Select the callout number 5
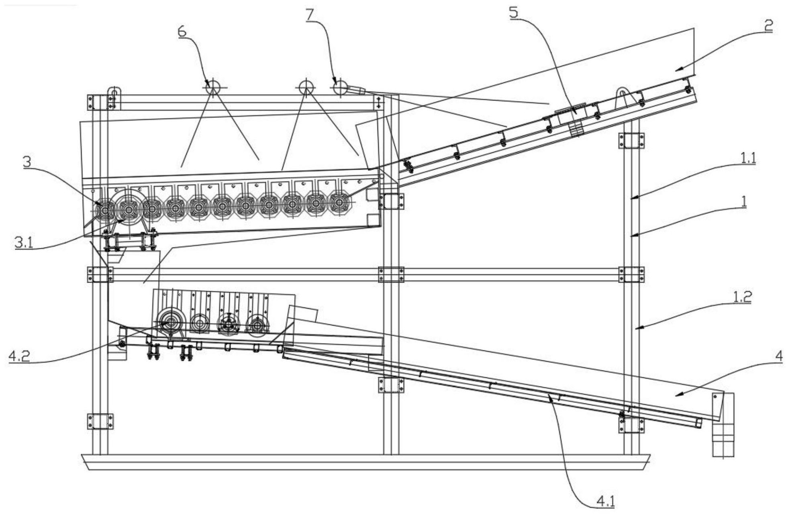coord(514,12)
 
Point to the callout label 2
coord(768,26)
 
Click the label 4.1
coord(606,501)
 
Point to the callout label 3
coord(27,162)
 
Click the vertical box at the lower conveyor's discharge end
coord(723,424)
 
